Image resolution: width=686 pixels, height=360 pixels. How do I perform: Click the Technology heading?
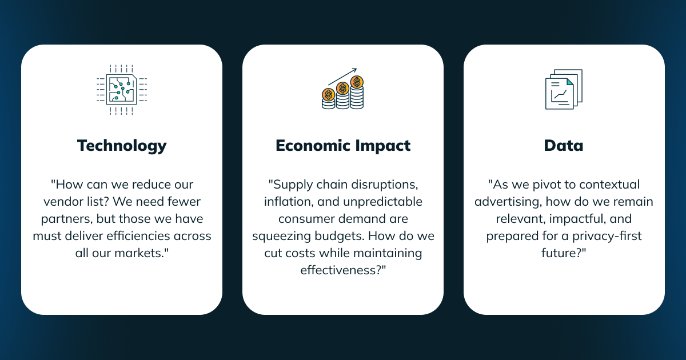pos(122,146)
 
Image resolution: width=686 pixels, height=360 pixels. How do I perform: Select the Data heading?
pos(564,145)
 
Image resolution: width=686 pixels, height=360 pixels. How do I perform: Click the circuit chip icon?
pos(122,90)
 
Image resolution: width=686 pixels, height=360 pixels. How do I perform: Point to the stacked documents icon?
pos(564,89)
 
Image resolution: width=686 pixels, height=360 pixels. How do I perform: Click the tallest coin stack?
pos(357,92)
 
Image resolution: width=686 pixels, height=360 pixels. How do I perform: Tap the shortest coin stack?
pos(329,99)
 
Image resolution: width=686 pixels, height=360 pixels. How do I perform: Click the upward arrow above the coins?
pos(342,77)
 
